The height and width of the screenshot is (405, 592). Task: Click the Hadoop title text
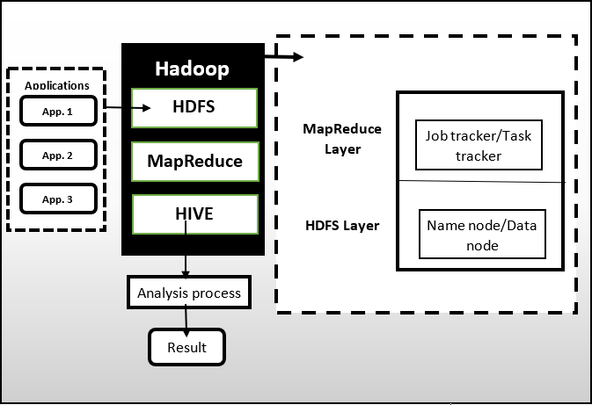pos(193,68)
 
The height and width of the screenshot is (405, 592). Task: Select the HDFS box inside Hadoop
pos(194,107)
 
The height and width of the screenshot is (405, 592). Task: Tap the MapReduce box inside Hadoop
pos(194,161)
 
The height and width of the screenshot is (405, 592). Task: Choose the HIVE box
pos(194,213)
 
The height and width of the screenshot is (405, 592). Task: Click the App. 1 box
pos(58,111)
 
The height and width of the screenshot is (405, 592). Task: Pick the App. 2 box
pos(58,155)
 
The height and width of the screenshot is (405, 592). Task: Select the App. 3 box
pos(58,199)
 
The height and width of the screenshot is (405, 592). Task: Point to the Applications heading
pos(57,85)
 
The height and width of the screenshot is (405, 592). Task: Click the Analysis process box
pos(189,293)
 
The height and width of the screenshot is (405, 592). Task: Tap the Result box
pos(186,347)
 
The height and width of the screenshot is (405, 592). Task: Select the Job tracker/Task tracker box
pos(478,145)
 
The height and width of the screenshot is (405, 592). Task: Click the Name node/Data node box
pos(481,235)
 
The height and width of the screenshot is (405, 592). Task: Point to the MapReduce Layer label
pos(342,139)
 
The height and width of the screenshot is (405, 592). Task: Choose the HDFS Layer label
pos(341,226)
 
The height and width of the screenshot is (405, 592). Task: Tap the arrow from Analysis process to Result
pos(186,319)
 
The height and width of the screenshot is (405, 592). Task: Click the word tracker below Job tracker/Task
pos(479,155)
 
